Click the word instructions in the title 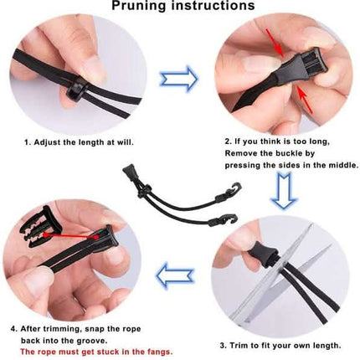click(x=213, y=5)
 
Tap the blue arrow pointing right click(x=178, y=79)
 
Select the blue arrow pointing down click(x=284, y=191)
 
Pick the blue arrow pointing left click(x=175, y=275)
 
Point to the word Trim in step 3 click(x=239, y=346)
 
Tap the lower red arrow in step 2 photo click(x=305, y=100)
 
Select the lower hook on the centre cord click(x=229, y=219)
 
